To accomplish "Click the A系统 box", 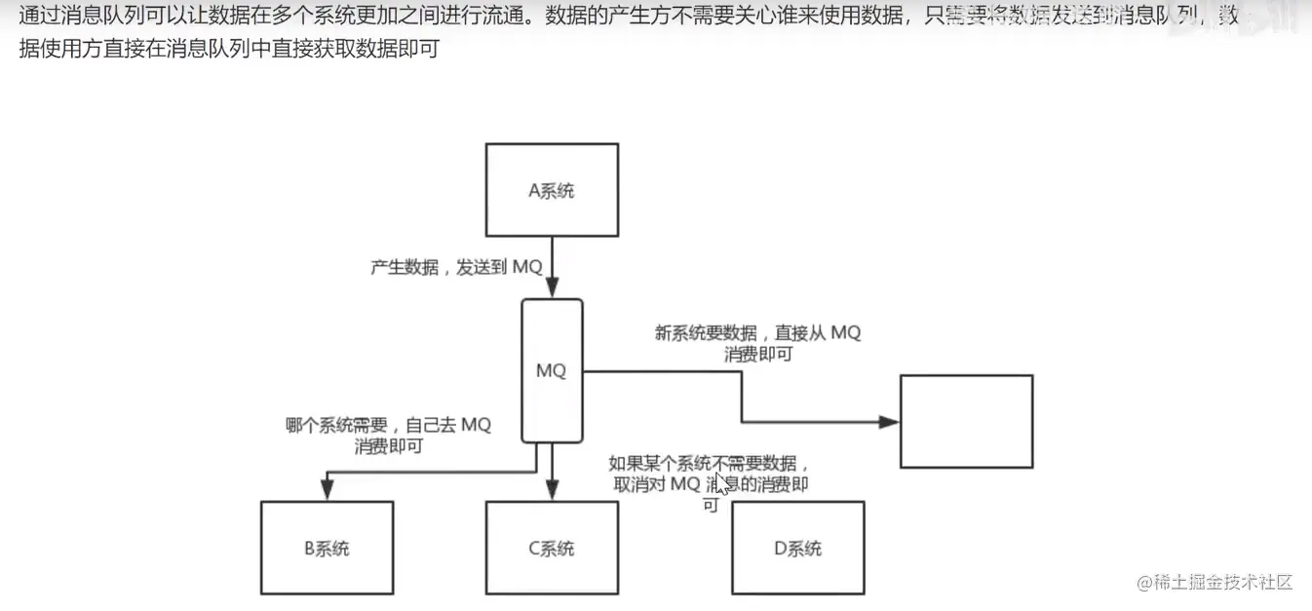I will click(x=552, y=190).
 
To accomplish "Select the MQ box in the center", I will click(x=552, y=370).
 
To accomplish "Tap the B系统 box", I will click(x=327, y=548).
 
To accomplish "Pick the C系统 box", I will click(x=552, y=548).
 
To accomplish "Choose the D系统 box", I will click(x=797, y=548).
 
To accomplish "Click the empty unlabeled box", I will click(x=965, y=421).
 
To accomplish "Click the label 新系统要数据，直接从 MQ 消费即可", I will click(x=758, y=343).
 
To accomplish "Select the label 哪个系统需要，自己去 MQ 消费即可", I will click(x=388, y=436).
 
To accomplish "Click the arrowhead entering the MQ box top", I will click(x=552, y=289).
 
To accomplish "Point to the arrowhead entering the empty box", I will click(x=888, y=422).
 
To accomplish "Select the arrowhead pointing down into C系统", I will click(x=552, y=492).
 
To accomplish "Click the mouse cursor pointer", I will click(x=721, y=483).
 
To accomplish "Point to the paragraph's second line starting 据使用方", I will click(x=230, y=48).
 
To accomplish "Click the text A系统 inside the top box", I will click(x=552, y=190).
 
